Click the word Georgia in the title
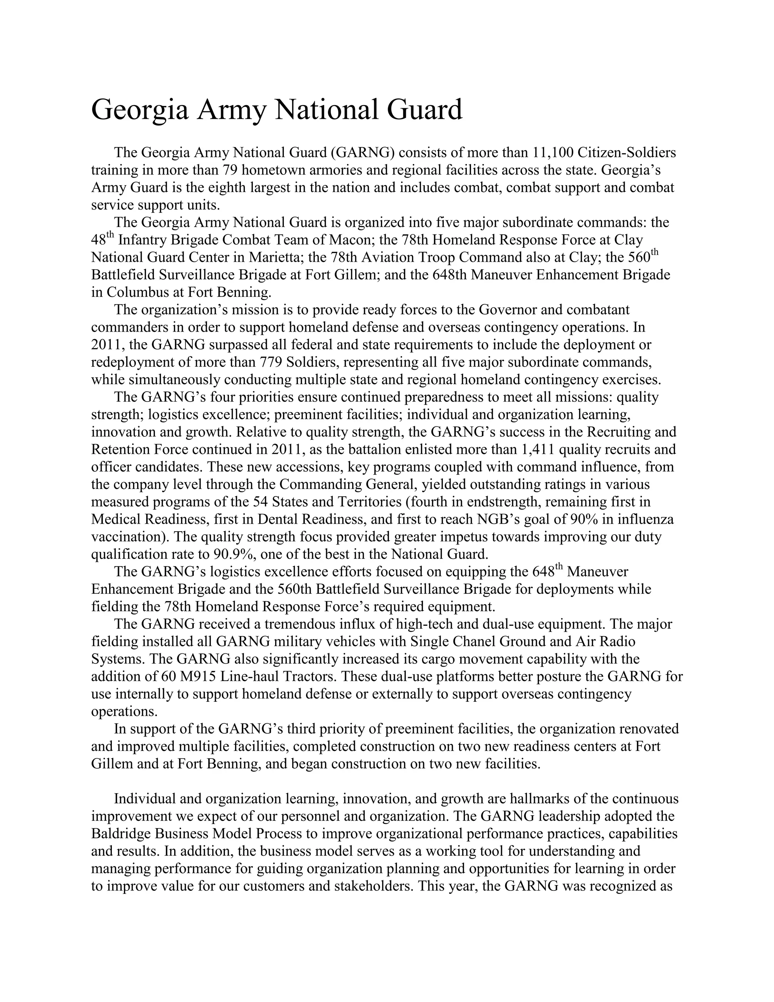point(140,110)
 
